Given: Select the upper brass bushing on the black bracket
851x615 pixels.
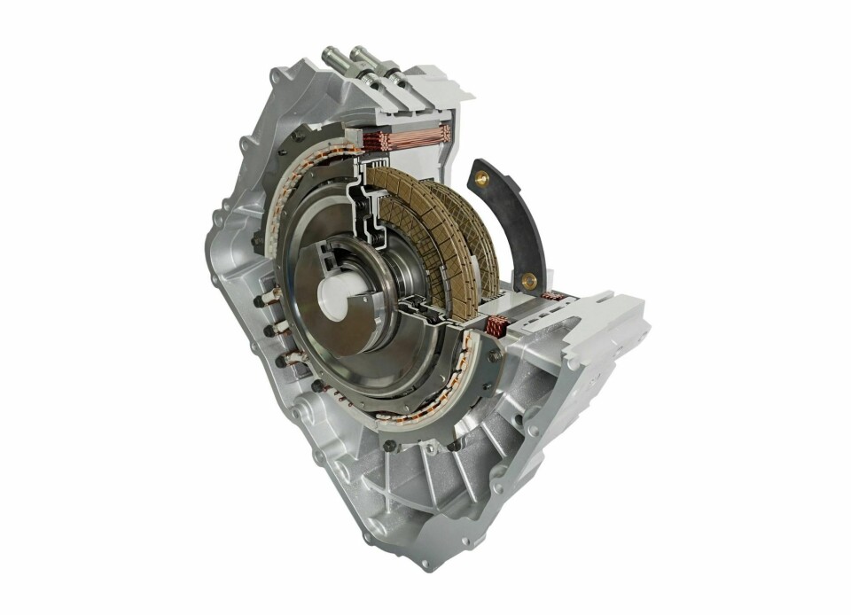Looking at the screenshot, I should pos(483,179).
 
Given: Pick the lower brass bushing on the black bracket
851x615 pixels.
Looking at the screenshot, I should pos(529,281).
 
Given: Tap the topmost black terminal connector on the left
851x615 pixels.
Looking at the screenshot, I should pos(262,302).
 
